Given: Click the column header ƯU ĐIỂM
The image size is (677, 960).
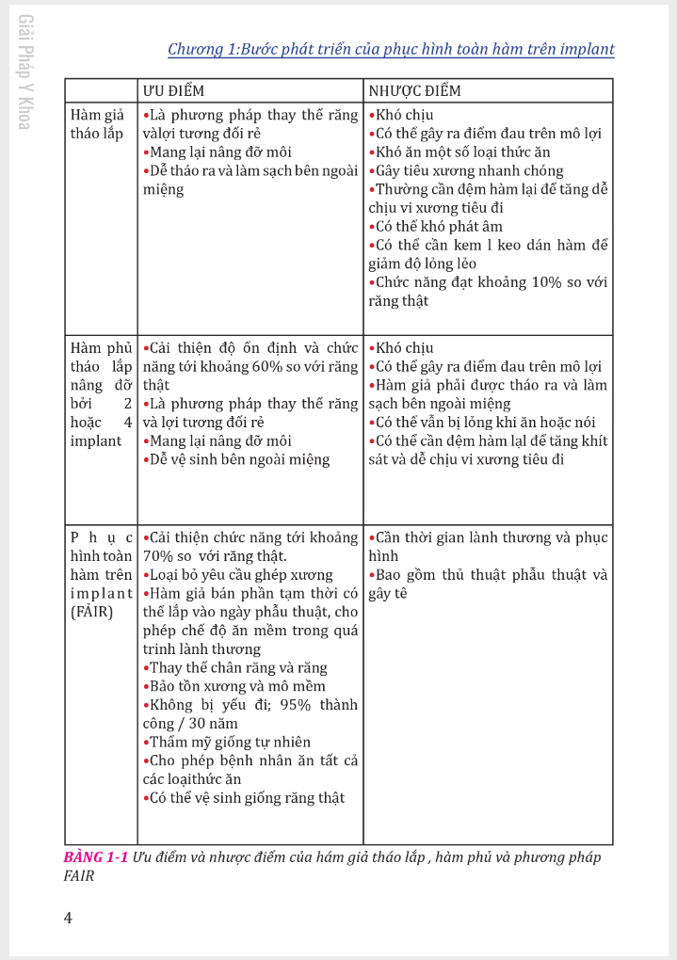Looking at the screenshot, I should coord(173,90).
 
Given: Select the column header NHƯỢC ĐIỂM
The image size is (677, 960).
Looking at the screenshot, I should coord(414,90).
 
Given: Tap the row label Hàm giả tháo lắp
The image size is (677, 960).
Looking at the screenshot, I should coord(97,124).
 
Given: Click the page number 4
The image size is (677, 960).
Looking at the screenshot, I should coord(68,918).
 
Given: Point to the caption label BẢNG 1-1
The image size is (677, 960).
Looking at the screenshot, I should coord(96,857).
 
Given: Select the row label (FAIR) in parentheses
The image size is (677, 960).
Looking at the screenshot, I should coord(92,612).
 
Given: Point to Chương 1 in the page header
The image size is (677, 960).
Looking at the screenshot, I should coord(201,50).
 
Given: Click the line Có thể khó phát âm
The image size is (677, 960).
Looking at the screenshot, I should coord(439,227).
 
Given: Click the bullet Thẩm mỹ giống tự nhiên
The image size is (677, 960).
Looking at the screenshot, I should coord(230,743).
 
